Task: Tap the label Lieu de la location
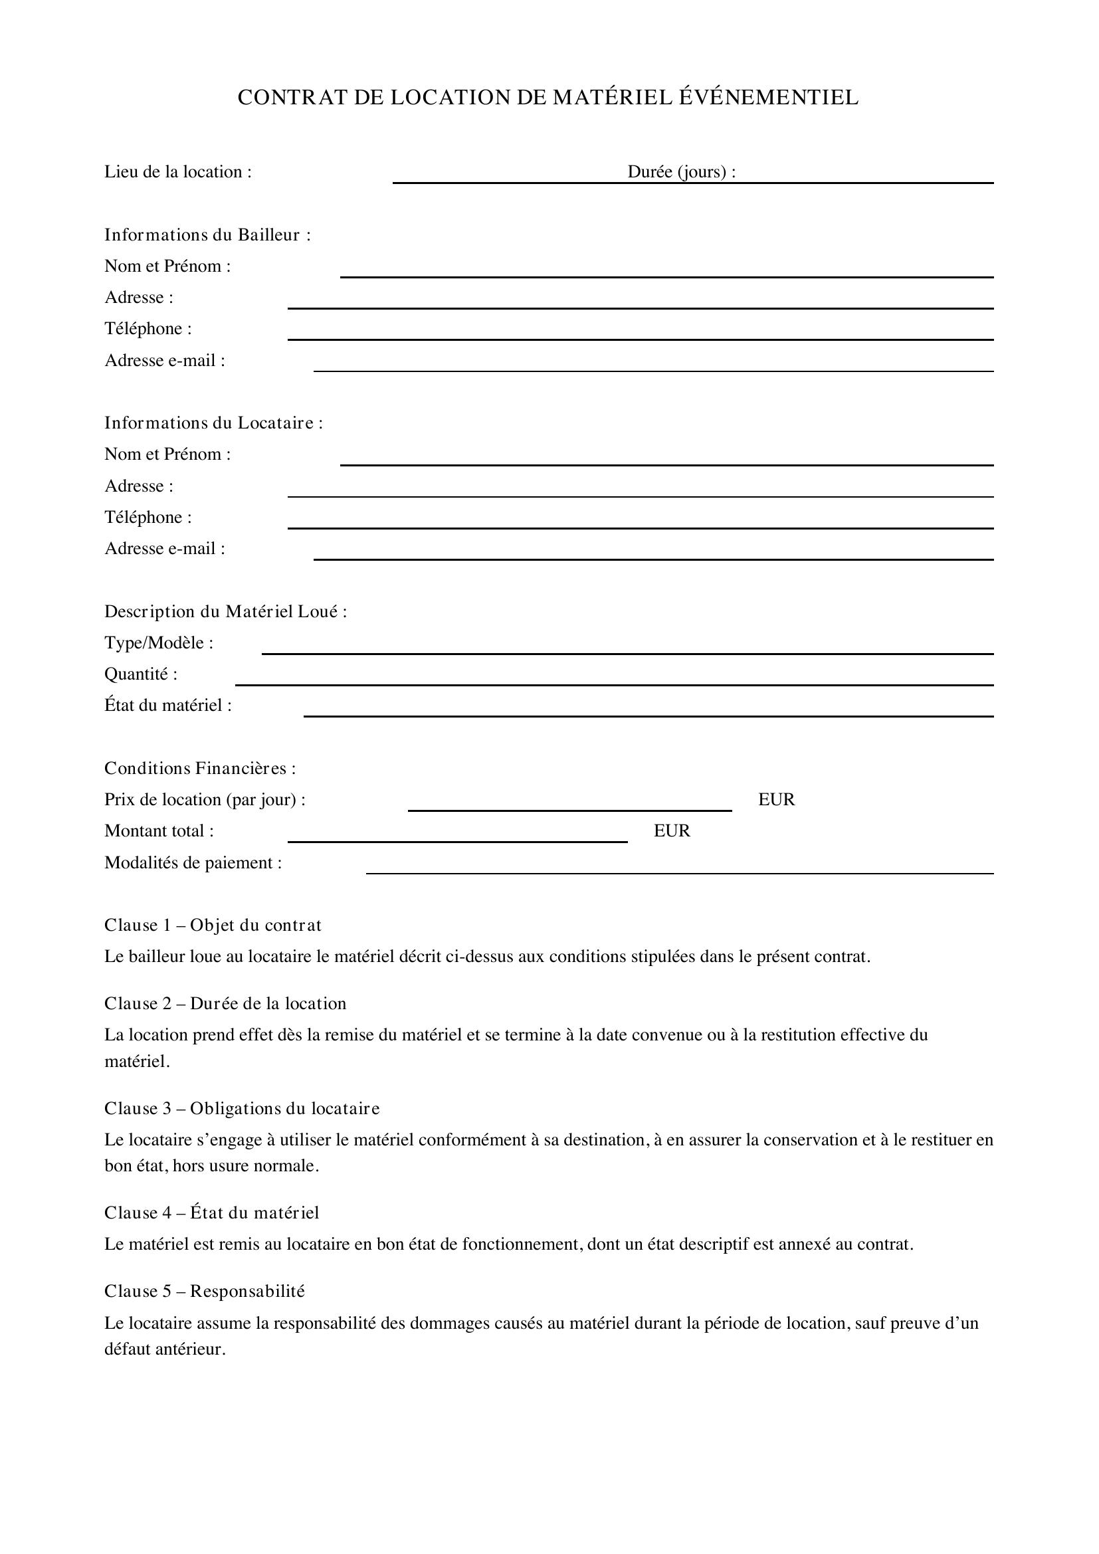pos(177,172)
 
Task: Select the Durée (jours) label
pos(681,172)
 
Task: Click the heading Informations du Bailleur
pos(207,235)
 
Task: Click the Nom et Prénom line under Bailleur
pos(666,276)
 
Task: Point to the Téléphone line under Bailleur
pos(640,338)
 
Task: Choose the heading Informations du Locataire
pos(213,423)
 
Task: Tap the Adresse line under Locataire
pos(640,496)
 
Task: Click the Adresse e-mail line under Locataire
pos(653,558)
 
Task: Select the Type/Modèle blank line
pos(627,652)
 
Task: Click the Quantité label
pos(141,674)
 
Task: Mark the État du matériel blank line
pos(649,715)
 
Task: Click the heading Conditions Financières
pos(199,768)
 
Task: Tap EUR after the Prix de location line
pos(776,800)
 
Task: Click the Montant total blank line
pos(457,840)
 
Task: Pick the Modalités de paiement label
pos(193,863)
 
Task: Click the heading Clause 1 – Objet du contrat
pos(213,925)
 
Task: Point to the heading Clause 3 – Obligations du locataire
pos(242,1109)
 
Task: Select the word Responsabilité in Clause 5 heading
pos(247,1292)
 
